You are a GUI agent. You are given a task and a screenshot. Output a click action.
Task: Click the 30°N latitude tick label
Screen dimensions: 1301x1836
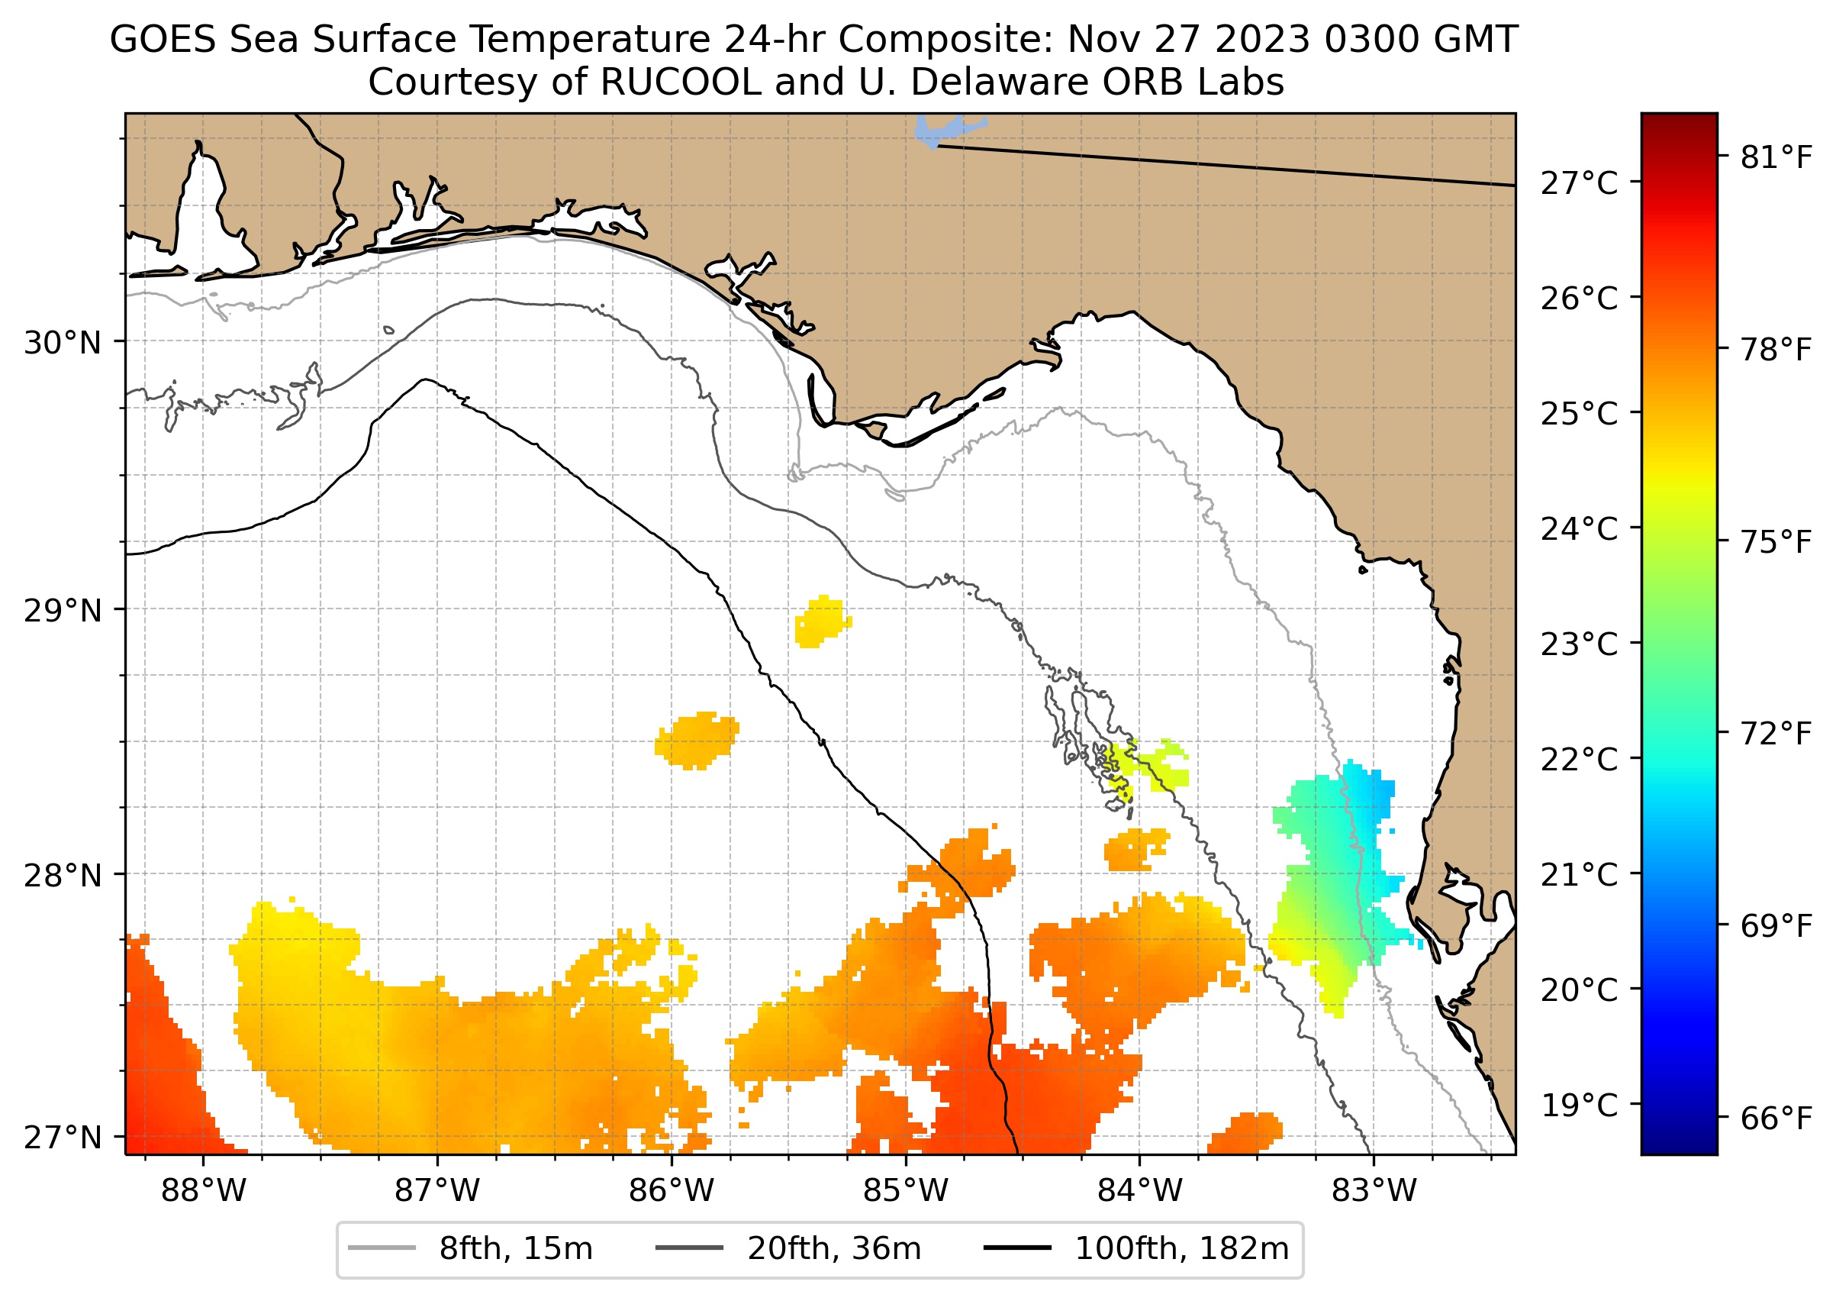[63, 344]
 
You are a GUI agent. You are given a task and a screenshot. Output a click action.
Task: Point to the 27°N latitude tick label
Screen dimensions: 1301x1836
[63, 1138]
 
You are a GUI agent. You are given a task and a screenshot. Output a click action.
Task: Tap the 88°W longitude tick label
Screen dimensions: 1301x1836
[204, 1191]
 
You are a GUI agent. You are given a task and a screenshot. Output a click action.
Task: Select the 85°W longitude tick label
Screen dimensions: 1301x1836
[906, 1191]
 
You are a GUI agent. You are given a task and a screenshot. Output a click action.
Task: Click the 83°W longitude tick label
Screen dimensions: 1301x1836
[1374, 1191]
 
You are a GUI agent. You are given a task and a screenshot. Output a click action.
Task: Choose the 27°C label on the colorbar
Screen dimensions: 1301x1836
[1579, 183]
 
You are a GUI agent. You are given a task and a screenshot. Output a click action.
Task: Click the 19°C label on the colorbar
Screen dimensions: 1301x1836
[1579, 1106]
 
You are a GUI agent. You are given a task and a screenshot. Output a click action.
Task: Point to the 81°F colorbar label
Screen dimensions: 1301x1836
[1776, 158]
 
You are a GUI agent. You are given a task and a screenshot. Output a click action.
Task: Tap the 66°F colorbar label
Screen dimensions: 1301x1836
[1776, 1119]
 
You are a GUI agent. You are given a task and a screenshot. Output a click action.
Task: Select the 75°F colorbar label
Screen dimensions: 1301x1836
[1776, 542]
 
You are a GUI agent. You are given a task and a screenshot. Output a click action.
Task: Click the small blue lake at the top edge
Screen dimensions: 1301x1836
[941, 131]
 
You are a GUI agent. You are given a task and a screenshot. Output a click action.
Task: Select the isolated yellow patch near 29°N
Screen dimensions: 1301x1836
[822, 621]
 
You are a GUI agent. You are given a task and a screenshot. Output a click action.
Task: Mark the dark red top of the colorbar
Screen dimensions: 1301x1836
[1679, 124]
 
